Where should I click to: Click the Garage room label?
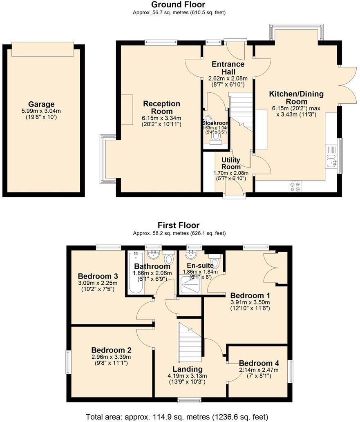click(41, 104)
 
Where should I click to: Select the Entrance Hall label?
click(228, 68)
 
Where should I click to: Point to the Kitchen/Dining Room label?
click(296, 98)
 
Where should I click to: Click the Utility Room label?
click(231, 163)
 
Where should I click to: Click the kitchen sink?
click(332, 161)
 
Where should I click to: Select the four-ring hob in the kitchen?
click(295, 186)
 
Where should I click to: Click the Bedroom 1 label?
click(250, 295)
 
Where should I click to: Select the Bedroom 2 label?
click(111, 350)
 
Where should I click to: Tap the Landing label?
click(185, 369)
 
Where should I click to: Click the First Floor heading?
click(179, 225)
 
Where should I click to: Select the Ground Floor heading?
click(178, 4)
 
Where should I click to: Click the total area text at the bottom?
click(177, 417)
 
